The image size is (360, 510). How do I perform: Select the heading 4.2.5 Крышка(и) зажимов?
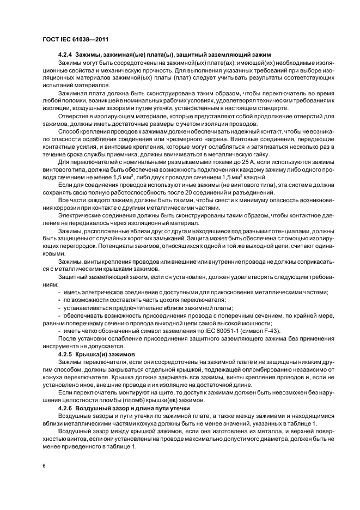[x=96, y=354]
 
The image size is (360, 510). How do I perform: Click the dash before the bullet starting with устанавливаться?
[x=59, y=308]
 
